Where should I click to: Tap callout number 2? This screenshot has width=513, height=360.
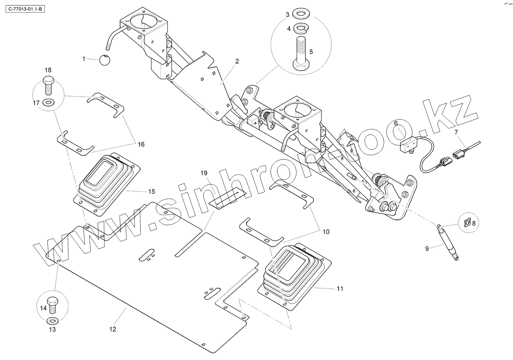[x=237, y=61]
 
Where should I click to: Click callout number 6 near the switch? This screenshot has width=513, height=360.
[x=396, y=123]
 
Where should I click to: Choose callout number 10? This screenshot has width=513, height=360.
[x=326, y=231]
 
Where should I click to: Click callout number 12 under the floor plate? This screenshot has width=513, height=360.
[x=112, y=329]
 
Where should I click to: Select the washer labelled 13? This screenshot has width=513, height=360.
[x=52, y=320]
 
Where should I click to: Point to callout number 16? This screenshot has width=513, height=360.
[x=141, y=144]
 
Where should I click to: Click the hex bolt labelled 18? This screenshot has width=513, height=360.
[x=48, y=85]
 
